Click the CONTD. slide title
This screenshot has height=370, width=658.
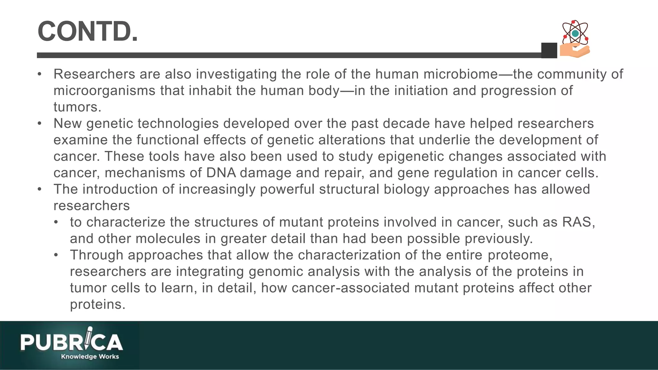click(88, 31)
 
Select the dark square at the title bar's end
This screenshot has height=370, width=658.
click(549, 50)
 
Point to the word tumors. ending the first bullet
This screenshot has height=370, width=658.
click(77, 107)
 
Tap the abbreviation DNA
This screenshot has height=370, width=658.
click(221, 173)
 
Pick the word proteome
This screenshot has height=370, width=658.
click(520, 255)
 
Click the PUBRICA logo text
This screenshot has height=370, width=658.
click(71, 342)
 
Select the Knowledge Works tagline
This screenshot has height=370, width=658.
click(90, 357)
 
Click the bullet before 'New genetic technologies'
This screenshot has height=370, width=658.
click(40, 124)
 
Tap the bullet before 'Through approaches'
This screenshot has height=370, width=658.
click(56, 255)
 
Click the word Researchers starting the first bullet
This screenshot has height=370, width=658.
click(94, 74)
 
